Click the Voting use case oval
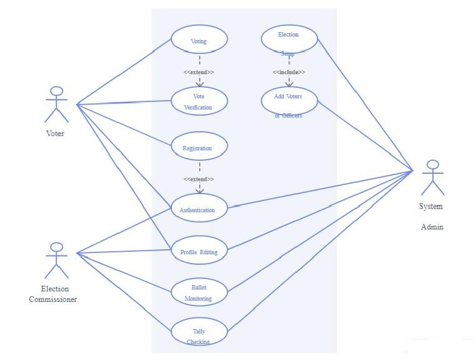tap(199, 41)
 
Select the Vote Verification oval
tap(199, 101)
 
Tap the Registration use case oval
tap(199, 148)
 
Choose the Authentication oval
tap(199, 209)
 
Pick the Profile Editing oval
tap(199, 251)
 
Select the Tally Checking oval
tap(199, 332)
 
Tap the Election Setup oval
tap(289, 38)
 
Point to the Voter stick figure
tap(56, 104)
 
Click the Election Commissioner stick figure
tap(56, 260)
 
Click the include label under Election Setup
tap(289, 72)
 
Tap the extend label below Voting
tap(199, 72)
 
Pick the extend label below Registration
tap(199, 179)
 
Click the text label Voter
tap(55, 133)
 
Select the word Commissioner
tap(53, 299)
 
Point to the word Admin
tap(432, 227)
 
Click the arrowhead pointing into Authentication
tap(199, 191)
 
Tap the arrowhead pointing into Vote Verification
tap(199, 84)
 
